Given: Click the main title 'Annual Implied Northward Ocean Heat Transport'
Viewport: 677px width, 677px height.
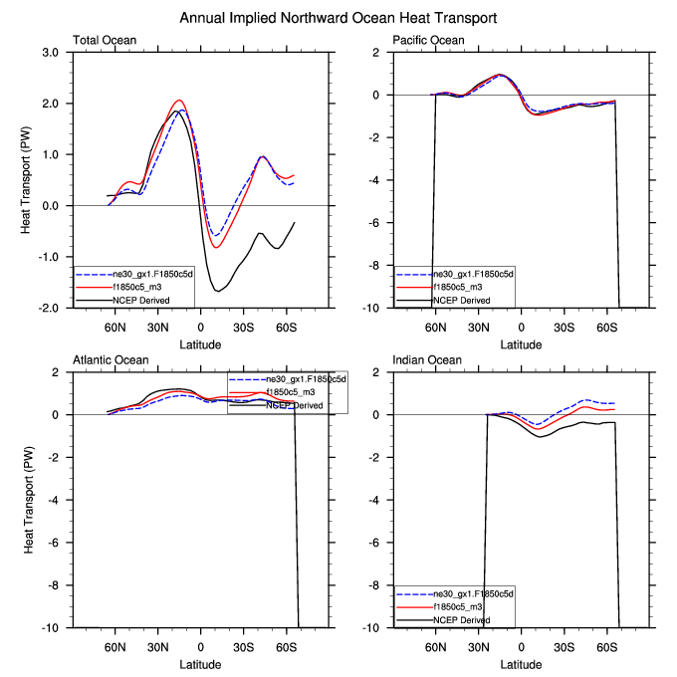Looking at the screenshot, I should (x=338, y=18).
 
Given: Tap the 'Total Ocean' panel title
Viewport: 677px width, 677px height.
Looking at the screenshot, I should (x=105, y=41).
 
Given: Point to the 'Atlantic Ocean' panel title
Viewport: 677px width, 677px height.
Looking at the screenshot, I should (x=111, y=359).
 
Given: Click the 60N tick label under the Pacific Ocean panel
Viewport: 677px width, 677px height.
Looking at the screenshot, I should (x=435, y=326).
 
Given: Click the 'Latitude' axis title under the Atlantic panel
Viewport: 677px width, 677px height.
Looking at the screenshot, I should (x=200, y=662).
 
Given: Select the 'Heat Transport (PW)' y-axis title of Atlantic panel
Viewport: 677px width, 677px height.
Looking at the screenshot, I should (x=27, y=500).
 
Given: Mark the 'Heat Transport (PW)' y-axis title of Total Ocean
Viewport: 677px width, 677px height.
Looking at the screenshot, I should (x=27, y=180).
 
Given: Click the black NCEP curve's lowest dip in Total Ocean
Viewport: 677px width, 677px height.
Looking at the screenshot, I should (x=217, y=291).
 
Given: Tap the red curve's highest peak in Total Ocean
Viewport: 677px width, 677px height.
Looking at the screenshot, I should (x=179, y=101).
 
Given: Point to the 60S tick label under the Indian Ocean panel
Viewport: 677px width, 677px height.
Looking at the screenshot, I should (x=604, y=644).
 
